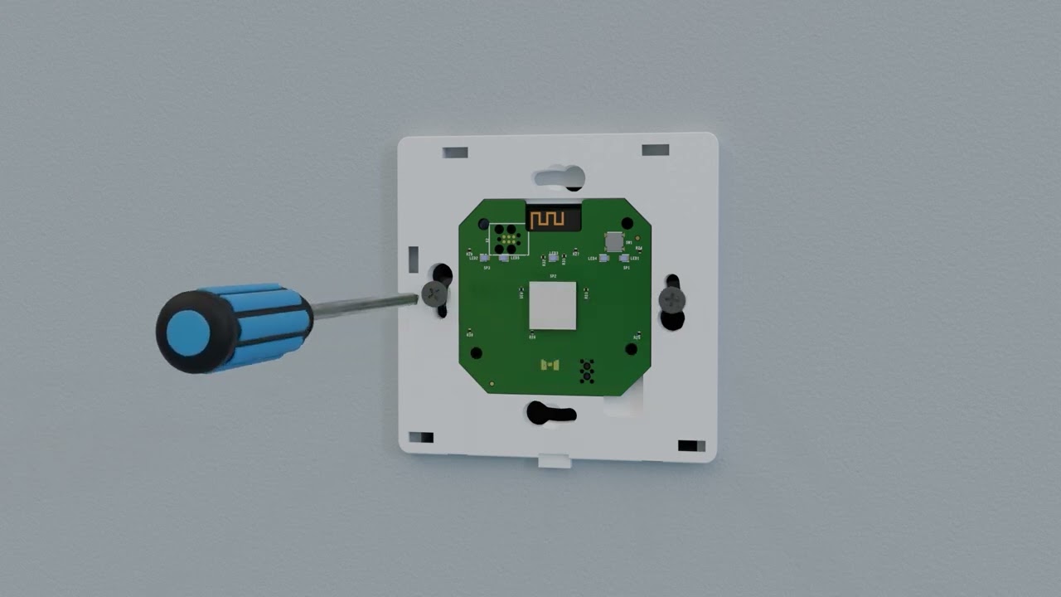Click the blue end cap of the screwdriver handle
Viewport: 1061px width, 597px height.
tap(188, 331)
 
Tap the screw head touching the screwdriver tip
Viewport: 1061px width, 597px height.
tap(434, 294)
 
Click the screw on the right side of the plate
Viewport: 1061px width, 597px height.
tap(672, 299)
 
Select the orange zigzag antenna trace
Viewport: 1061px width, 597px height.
tap(548, 220)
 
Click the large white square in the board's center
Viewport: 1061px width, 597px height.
tap(552, 305)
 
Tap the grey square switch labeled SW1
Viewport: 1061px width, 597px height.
tap(613, 241)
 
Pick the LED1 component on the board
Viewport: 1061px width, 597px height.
tap(625, 258)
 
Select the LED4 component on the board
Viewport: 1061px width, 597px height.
tap(604, 258)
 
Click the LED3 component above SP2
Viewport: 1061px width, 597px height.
tap(553, 257)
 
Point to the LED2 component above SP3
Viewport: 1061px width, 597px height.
tap(485, 258)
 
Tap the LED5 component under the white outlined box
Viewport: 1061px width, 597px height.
tap(504, 258)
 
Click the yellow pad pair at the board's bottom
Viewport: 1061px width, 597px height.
tap(549, 365)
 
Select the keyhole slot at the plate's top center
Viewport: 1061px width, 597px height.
tap(560, 177)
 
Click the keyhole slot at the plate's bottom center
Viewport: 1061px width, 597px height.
tap(550, 412)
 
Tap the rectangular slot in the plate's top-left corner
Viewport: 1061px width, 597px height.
tap(455, 153)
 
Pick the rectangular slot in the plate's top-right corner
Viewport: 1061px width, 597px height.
tap(655, 150)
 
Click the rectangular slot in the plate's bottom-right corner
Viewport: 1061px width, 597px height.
tap(687, 446)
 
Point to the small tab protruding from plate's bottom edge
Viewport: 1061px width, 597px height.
tap(555, 461)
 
